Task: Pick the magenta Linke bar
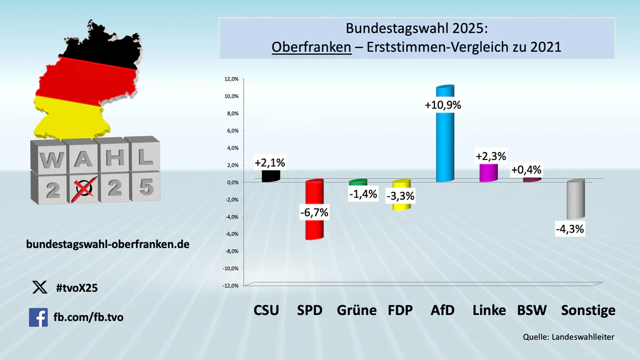click(x=488, y=172)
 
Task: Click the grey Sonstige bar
click(x=575, y=200)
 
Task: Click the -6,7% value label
click(x=314, y=212)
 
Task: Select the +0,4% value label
click(x=526, y=170)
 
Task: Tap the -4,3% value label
click(x=569, y=229)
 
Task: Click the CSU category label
click(x=266, y=310)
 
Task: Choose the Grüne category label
click(x=356, y=310)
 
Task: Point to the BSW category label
click(x=532, y=310)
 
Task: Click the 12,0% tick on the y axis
click(x=231, y=79)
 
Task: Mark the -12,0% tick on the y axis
click(x=229, y=286)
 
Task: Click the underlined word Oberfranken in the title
click(x=311, y=46)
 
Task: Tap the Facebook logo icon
click(x=38, y=317)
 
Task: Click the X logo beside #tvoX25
click(x=39, y=287)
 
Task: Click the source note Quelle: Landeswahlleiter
click(x=569, y=337)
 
